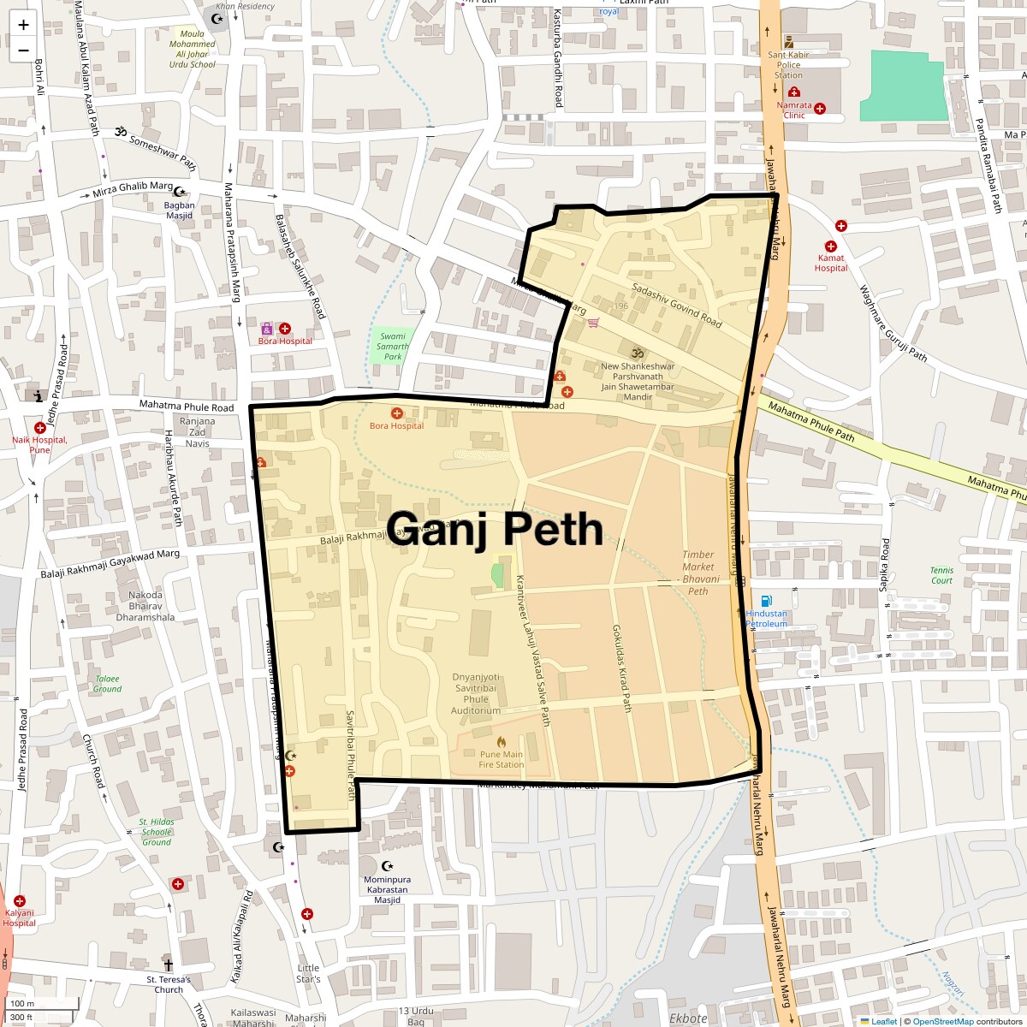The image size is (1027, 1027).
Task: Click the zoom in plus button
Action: [x=23, y=25]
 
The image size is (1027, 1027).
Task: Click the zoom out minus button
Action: [x=23, y=50]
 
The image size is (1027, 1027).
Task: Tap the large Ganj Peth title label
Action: [x=496, y=528]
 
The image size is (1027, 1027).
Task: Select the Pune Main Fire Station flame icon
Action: [x=502, y=741]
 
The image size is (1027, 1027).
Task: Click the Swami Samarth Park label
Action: [x=393, y=347]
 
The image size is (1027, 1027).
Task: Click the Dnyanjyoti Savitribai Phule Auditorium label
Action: [x=477, y=693]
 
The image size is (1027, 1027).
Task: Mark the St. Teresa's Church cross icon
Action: [x=168, y=963]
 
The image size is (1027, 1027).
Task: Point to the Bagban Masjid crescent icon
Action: [x=180, y=191]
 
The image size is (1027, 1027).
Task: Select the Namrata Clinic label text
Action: [x=793, y=110]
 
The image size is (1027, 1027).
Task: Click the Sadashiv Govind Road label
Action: [x=676, y=304]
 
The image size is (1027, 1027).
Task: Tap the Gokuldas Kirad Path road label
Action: [x=621, y=668]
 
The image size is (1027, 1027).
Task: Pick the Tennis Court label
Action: [x=941, y=575]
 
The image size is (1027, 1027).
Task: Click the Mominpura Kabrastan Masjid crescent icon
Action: [x=387, y=866]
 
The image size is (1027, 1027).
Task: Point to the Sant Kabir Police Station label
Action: [x=788, y=64]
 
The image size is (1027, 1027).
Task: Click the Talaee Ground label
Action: [x=108, y=683]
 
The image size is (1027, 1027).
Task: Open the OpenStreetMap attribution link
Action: [x=942, y=1021]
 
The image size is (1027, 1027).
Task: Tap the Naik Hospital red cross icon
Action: [x=39, y=427]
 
